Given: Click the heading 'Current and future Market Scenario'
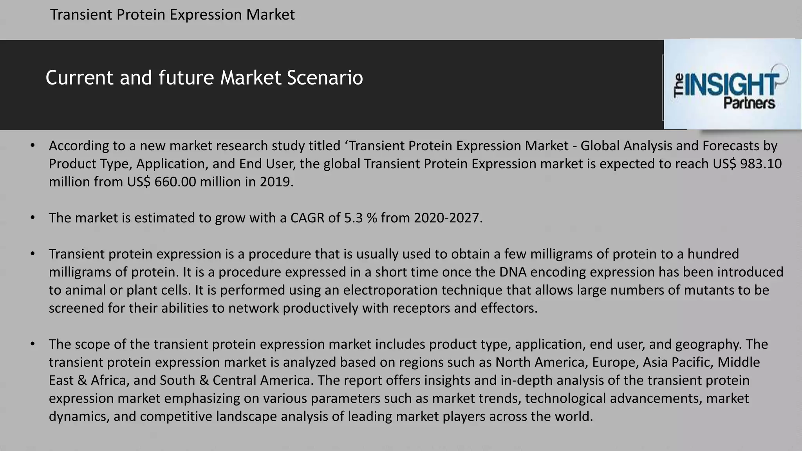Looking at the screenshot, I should [x=204, y=78].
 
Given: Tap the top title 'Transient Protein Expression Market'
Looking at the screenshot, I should [x=172, y=15].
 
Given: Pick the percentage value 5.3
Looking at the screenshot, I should [x=353, y=218].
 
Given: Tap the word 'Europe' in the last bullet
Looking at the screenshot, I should [x=614, y=362].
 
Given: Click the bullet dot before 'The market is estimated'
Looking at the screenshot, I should [x=33, y=218].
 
